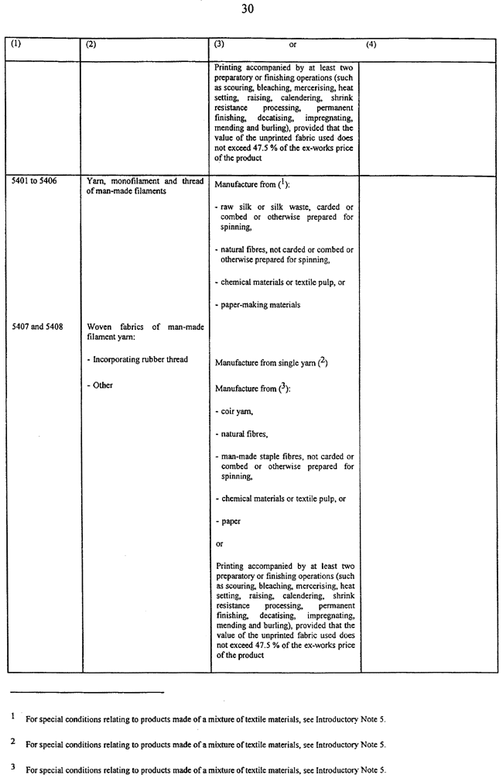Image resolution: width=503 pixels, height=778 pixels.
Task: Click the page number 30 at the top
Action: (x=251, y=10)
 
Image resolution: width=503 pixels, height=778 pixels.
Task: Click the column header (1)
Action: (x=17, y=45)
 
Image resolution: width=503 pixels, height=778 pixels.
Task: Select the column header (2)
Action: (x=91, y=45)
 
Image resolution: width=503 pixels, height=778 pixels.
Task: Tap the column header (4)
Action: (x=371, y=45)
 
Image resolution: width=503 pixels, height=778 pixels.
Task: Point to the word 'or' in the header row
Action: (x=293, y=45)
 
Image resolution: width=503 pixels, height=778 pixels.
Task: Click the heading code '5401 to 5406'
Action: (x=35, y=181)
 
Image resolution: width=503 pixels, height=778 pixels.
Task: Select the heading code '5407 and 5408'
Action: (x=37, y=327)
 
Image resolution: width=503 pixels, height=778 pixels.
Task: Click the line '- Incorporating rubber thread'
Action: (x=138, y=359)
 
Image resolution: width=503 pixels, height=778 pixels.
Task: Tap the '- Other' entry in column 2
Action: (x=100, y=385)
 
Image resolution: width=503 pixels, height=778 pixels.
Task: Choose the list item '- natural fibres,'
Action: (x=242, y=436)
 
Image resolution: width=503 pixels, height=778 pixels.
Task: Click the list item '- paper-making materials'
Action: (x=258, y=304)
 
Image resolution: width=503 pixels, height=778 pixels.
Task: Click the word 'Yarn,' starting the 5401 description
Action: (x=96, y=181)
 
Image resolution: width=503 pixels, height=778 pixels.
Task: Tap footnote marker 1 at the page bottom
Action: (x=13, y=717)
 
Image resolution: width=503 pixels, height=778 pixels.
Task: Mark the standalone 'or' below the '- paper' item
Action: (x=219, y=544)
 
